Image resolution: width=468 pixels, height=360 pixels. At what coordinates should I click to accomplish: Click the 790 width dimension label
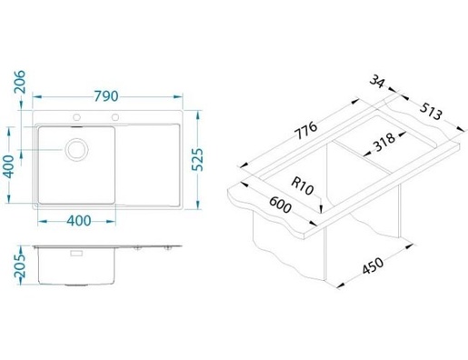(x=105, y=96)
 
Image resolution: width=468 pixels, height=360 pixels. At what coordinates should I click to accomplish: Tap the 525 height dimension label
(x=198, y=160)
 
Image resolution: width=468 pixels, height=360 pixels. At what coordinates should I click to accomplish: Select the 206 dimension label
(x=21, y=82)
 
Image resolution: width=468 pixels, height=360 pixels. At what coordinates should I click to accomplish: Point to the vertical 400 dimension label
(x=9, y=166)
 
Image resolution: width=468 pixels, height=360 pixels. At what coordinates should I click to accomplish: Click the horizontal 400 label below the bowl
(x=79, y=221)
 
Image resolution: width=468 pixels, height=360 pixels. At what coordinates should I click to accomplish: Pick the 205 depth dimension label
(x=21, y=265)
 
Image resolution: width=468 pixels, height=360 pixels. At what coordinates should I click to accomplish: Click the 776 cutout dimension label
(x=306, y=130)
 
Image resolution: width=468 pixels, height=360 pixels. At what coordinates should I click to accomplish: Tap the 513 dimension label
(x=431, y=111)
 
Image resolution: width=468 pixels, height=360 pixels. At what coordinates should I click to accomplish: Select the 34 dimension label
(x=377, y=81)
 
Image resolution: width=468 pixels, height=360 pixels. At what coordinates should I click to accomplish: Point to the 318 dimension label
(x=384, y=142)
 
